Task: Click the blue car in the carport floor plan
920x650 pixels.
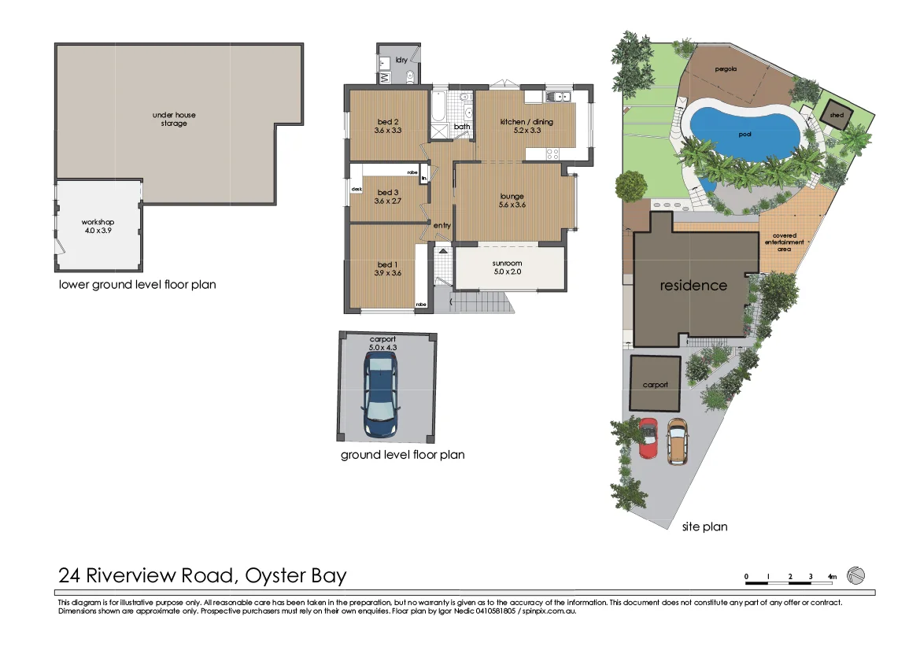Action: (380, 395)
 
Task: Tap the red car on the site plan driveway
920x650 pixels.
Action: (648, 438)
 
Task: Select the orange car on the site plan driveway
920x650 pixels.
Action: (677, 441)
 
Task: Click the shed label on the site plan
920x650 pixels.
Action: (836, 116)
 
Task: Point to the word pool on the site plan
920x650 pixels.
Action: (744, 135)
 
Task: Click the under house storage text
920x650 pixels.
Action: (174, 119)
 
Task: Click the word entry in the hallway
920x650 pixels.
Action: (442, 226)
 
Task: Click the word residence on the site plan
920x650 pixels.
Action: (693, 285)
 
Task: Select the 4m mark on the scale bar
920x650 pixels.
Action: (832, 578)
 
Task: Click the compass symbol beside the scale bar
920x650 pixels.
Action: (855, 577)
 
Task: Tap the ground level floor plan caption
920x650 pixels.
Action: (402, 455)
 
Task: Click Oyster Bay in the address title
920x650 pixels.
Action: (296, 575)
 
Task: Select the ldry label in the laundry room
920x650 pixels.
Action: (401, 60)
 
